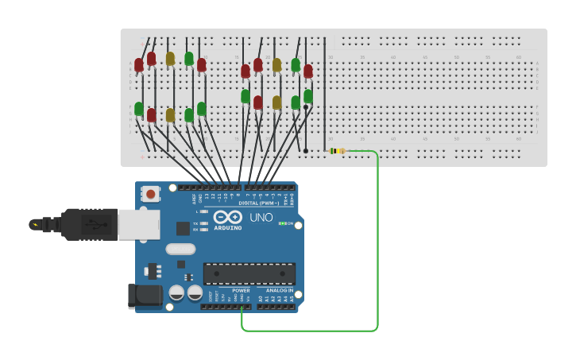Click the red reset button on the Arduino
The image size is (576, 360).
150,193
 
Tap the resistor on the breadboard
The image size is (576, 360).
338,151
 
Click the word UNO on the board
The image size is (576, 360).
261,218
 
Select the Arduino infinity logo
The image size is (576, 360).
227,217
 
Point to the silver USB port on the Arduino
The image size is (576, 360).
138,225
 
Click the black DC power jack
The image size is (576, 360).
145,296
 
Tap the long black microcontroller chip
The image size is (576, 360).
249,273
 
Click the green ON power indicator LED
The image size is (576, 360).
281,223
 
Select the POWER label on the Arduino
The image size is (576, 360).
241,291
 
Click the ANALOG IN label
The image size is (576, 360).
279,291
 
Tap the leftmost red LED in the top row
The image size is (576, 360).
139,65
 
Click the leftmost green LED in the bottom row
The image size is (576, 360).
139,109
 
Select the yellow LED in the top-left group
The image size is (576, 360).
170,59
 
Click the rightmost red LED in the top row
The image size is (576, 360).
308,72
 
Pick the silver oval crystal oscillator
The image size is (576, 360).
180,249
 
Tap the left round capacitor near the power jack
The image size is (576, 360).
176,293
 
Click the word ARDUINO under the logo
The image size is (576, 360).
228,228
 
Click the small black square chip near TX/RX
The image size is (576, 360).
184,228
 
